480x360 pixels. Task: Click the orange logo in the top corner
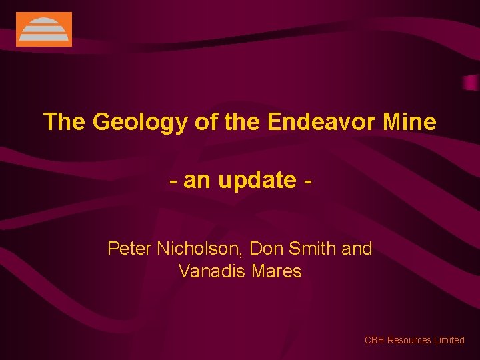pyautogui.click(x=43, y=29)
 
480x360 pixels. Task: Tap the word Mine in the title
pyautogui.click(x=410, y=122)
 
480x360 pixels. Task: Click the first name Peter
pyautogui.click(x=129, y=249)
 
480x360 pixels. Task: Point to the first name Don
pyautogui.click(x=265, y=249)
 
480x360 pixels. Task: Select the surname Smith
pyautogui.click(x=313, y=249)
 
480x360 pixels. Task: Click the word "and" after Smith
pyautogui.click(x=357, y=249)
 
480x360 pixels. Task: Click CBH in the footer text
pyautogui.click(x=374, y=340)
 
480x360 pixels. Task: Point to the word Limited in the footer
pyautogui.click(x=449, y=340)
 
